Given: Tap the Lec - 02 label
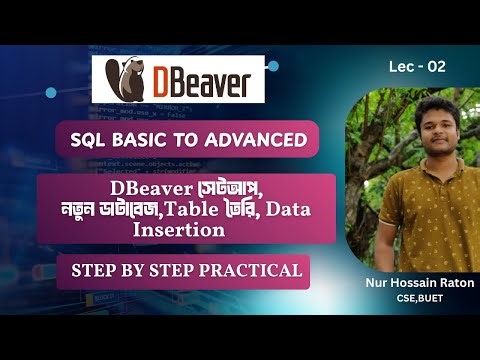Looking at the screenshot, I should tap(417, 67).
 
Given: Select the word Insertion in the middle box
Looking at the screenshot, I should tap(177, 228).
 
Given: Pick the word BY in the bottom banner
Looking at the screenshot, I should tap(136, 270).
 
